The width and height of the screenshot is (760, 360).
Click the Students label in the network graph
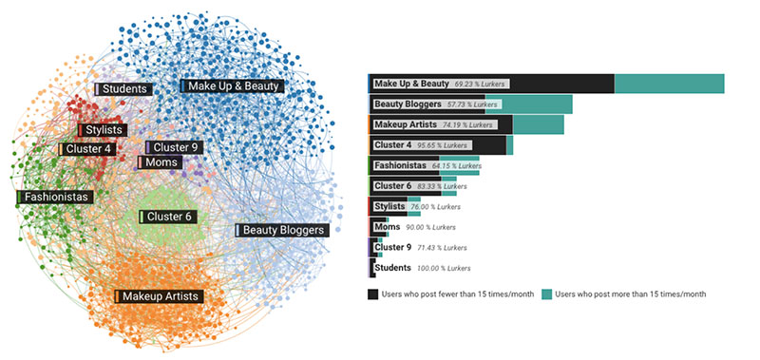(123, 89)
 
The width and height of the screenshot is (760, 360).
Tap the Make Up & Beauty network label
(232, 85)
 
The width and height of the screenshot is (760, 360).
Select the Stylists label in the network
(107, 130)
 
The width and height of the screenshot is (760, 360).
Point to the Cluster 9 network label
(174, 147)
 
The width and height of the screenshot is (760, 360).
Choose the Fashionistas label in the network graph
(55, 198)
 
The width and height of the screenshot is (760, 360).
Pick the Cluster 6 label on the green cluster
(168, 217)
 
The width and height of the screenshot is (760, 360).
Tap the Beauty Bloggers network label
(282, 230)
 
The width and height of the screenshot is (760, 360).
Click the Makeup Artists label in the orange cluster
(159, 297)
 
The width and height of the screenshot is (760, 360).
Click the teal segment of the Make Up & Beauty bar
(669, 84)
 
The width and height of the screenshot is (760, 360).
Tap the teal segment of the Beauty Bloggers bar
(536, 104)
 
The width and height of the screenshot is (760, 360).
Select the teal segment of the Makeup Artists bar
(538, 124)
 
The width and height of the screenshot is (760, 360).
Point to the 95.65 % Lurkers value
(444, 145)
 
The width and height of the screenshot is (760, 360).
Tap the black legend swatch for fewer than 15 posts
(372, 294)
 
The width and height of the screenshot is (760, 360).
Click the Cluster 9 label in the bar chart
(393, 248)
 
